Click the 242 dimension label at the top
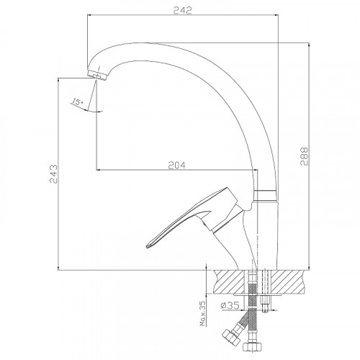pyautogui.click(x=183, y=11)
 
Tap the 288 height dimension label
pyautogui.click(x=304, y=156)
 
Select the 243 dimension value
pyautogui.click(x=53, y=174)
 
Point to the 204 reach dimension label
pyautogui.click(x=176, y=166)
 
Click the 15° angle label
pyautogui.click(x=77, y=102)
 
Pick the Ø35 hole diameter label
pyautogui.click(x=230, y=305)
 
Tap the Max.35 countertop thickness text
pyautogui.click(x=203, y=313)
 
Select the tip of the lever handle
pyautogui.click(x=147, y=246)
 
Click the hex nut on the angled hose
pyautogui.click(x=231, y=337)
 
